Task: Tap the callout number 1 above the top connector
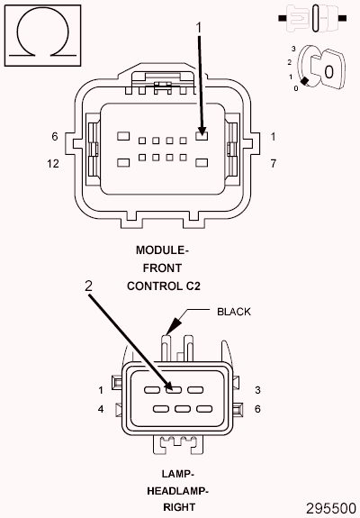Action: coord(199,28)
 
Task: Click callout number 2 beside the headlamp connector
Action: coord(88,286)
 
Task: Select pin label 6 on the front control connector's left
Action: coord(55,137)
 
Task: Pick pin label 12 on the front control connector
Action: coord(53,164)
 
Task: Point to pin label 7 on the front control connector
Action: coord(273,164)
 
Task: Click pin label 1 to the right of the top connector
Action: coord(273,137)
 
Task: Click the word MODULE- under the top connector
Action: coord(163,250)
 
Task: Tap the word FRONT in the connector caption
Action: coord(163,268)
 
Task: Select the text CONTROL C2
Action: coord(163,286)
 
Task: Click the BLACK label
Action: coord(234,312)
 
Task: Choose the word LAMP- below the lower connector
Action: coord(177,474)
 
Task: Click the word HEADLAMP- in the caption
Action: coord(177,491)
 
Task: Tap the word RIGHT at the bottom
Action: coord(177,508)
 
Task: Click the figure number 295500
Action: coord(330,508)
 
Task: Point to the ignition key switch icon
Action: coord(315,68)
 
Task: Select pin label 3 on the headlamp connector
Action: coord(257,390)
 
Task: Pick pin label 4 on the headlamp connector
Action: coord(102,409)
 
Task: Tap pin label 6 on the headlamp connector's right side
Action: coord(257,409)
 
